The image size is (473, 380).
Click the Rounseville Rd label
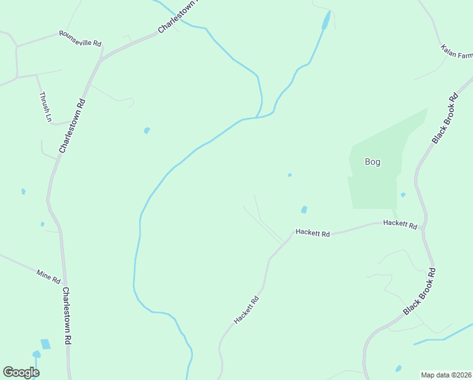[x=80, y=38]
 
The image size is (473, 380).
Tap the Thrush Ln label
[x=44, y=106]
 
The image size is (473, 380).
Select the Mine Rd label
[x=48, y=276]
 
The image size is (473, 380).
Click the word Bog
[x=372, y=162]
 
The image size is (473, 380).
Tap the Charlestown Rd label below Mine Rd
[x=66, y=315]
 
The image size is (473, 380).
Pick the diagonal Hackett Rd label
[x=247, y=310]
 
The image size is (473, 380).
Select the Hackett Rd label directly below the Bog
[x=400, y=225]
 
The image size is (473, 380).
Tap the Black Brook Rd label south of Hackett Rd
[x=420, y=292]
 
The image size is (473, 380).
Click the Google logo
[x=21, y=372]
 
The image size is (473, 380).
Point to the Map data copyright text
[x=446, y=374]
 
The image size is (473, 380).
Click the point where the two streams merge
[x=257, y=117]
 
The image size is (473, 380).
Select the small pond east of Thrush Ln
[x=147, y=130]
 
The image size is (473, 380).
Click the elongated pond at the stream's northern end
[x=326, y=20]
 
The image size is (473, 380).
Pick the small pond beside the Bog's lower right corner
[x=403, y=195]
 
